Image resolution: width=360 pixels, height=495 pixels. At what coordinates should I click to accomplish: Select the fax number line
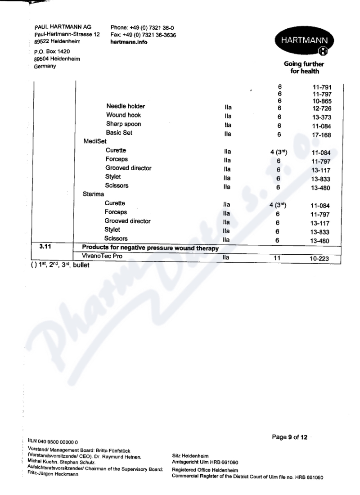pyautogui.click(x=143, y=35)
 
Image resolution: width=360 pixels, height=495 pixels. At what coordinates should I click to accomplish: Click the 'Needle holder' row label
pyautogui.click(x=126, y=107)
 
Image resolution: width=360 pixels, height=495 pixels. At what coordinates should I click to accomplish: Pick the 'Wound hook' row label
pyautogui.click(x=123, y=115)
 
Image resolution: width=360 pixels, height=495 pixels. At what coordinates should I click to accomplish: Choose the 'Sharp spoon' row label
pyautogui.click(x=123, y=124)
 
